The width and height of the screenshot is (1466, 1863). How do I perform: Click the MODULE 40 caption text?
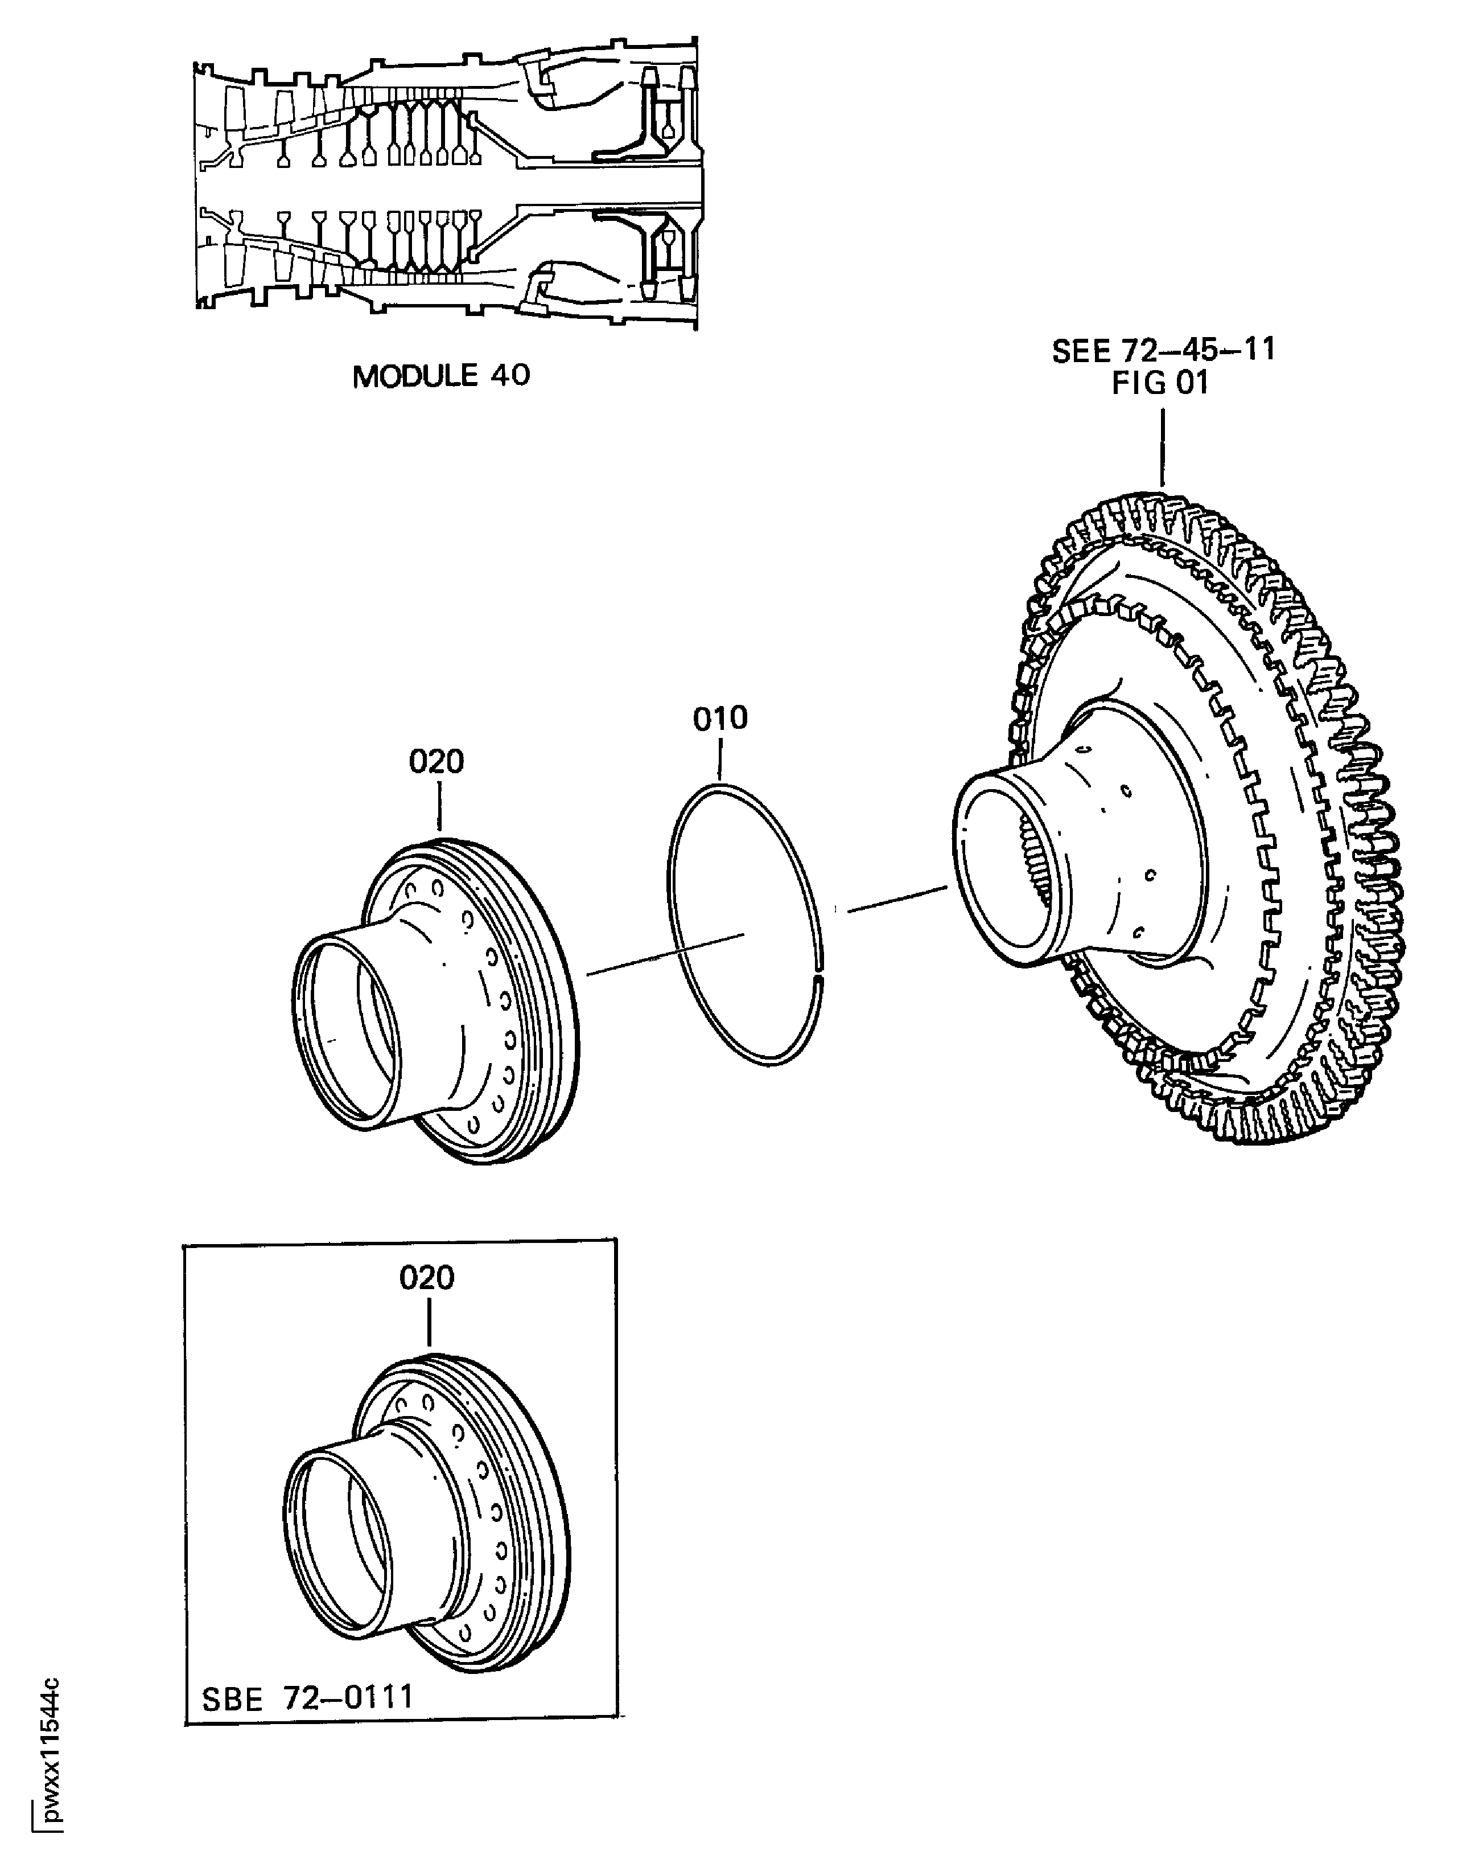[x=441, y=376]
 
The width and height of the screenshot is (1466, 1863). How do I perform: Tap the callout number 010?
[x=720, y=719]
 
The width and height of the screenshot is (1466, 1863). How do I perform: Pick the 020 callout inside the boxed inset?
[x=427, y=1278]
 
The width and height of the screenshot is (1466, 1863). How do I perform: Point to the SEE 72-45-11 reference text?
[x=1163, y=350]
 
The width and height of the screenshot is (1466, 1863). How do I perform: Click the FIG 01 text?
[x=1160, y=383]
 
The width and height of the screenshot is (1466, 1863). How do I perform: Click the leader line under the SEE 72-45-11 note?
[x=1163, y=446]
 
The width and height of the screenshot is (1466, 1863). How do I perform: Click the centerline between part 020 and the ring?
[x=665, y=955]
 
